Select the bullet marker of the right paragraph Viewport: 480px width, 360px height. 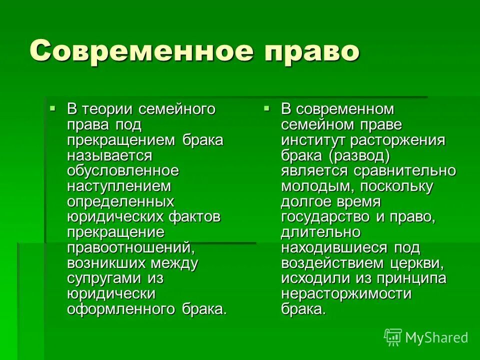coord(266,107)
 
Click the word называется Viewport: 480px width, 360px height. coord(109,155)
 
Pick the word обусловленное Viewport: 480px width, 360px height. coord(123,170)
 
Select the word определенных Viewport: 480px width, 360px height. coord(120,201)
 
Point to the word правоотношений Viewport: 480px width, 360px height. coord(130,247)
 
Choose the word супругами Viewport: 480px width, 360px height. coord(103,278)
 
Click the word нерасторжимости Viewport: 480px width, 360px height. coord(346,294)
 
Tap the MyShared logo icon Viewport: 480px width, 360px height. coord(393,337)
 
